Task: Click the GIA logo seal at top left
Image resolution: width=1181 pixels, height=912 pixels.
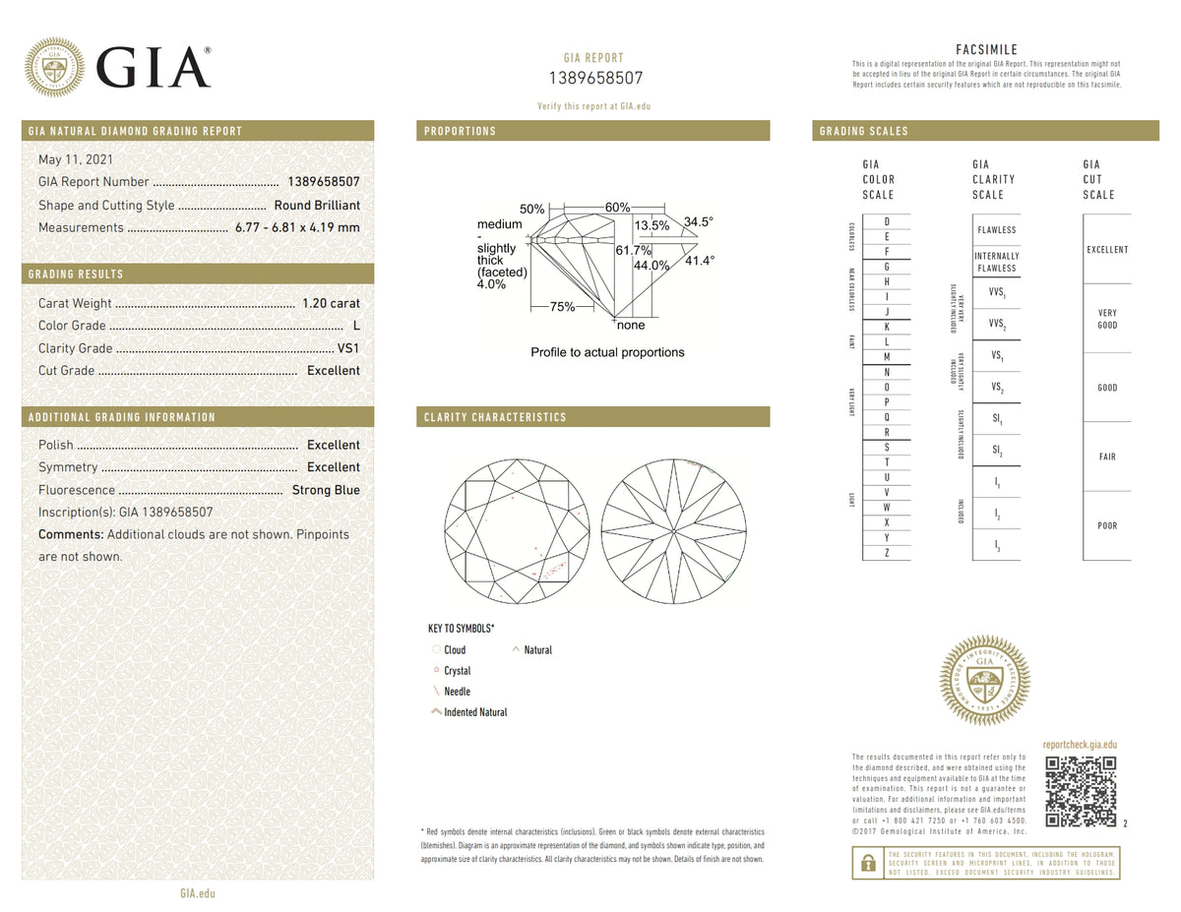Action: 54,68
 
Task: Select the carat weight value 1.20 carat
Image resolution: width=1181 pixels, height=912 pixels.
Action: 331,303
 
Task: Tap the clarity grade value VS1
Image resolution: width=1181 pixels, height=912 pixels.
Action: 348,348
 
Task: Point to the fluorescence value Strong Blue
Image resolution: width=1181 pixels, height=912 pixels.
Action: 326,490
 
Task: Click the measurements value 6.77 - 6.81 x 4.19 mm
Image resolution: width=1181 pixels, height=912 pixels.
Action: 297,227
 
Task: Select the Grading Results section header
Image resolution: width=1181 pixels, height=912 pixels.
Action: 76,274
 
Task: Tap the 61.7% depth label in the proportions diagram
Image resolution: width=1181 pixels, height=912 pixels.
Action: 634,251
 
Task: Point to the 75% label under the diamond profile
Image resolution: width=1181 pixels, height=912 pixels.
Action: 562,307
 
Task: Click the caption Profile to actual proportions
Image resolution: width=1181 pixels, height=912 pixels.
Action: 607,352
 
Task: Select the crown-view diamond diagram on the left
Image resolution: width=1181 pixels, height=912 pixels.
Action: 514,536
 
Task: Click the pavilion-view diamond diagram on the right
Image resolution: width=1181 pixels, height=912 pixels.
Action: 668,536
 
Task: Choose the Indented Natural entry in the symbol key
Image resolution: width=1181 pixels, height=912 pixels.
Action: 474,712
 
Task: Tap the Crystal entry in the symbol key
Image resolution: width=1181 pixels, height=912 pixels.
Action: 457,671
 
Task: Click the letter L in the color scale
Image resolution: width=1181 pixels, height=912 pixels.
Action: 887,340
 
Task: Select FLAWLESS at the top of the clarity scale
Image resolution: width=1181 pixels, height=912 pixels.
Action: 996,230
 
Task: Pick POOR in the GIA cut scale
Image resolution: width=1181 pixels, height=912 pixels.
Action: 1107,525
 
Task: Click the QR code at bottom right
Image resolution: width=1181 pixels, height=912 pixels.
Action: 1080,792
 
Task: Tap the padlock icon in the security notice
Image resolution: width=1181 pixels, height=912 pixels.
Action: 868,864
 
